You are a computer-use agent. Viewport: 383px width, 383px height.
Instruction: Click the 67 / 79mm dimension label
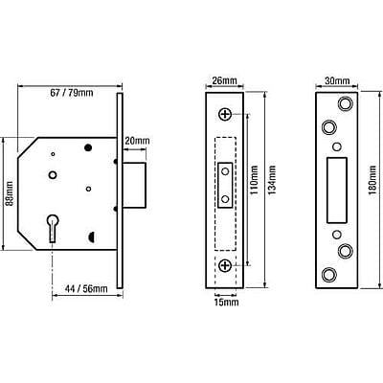(72, 93)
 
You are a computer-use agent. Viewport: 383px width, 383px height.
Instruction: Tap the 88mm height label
(10, 193)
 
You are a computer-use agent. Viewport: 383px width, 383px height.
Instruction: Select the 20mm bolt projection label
(137, 141)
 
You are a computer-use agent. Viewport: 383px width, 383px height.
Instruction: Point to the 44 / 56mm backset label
(86, 289)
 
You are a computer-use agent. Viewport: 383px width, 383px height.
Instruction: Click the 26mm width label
(225, 80)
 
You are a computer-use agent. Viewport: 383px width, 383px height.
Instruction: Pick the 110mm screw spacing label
(254, 180)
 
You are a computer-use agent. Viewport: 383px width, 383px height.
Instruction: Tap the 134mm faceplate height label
(272, 180)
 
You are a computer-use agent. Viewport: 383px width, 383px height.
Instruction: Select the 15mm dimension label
(226, 302)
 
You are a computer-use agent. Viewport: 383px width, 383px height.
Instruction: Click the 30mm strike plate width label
(337, 80)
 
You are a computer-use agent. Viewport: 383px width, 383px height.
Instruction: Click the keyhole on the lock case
(53, 228)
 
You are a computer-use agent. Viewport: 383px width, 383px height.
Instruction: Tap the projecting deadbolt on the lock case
(134, 185)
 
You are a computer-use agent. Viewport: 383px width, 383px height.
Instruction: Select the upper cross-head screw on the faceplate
(225, 114)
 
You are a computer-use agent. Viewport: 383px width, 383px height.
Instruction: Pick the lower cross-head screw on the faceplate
(225, 265)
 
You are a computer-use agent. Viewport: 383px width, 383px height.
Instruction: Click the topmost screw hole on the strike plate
(345, 103)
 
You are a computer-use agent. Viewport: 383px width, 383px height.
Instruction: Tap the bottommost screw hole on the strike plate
(328, 275)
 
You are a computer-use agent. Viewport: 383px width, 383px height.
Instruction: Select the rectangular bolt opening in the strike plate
(337, 191)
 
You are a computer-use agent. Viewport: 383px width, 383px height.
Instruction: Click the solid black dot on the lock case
(88, 147)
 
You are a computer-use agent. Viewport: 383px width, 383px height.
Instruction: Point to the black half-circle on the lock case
(90, 237)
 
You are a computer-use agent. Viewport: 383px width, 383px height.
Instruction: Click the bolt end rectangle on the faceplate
(225, 186)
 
